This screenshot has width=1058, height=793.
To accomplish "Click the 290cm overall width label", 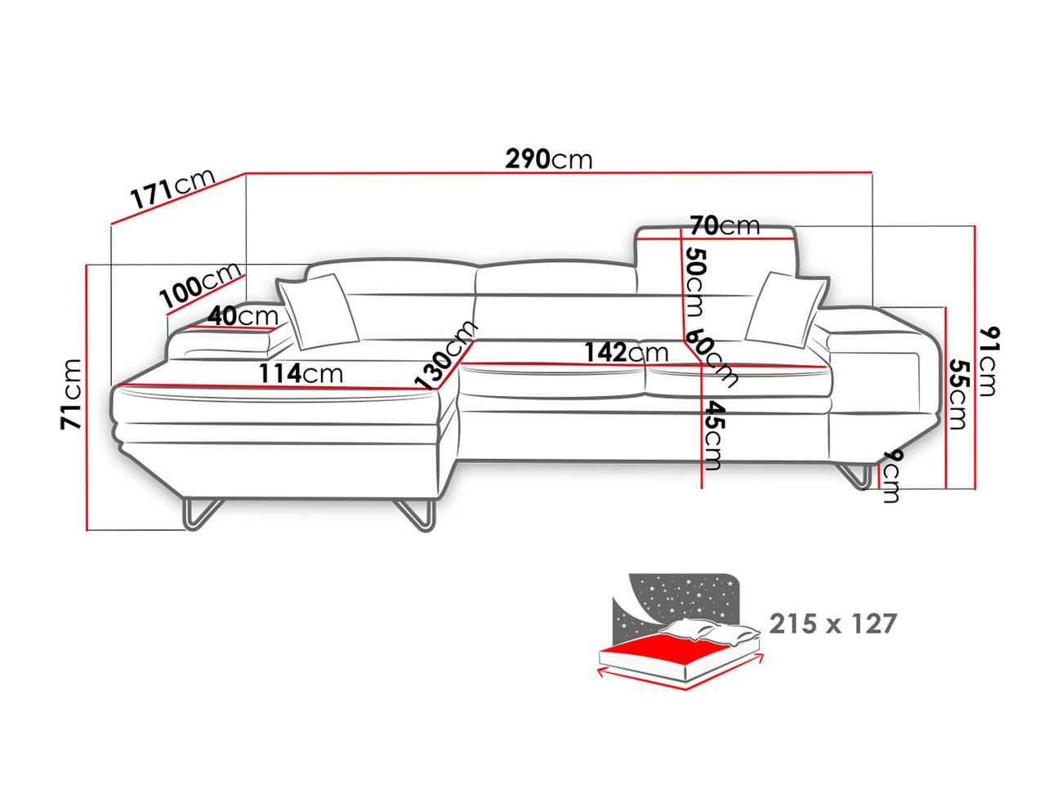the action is point(548,158).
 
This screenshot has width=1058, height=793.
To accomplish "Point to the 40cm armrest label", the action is point(243,316).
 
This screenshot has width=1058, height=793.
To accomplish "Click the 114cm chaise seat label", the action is point(301,373).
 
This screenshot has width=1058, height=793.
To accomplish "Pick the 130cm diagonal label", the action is point(446,354).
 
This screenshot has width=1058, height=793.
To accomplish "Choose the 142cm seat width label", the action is point(626,352).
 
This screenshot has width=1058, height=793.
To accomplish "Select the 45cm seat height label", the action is point(712,435).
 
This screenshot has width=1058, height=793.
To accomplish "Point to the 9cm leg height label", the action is point(891,476).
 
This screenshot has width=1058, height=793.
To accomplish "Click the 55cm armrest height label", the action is point(958,394).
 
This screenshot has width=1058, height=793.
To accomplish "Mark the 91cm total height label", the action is point(988,360).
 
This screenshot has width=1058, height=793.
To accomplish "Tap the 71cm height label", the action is point(70,394).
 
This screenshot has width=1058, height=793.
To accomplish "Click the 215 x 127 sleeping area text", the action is point(833,623).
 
